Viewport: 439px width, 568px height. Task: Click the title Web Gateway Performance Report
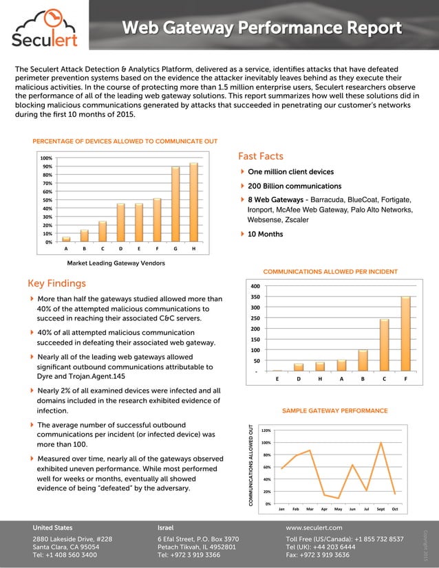click(x=261, y=28)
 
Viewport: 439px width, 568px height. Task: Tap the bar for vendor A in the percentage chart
click(x=66, y=239)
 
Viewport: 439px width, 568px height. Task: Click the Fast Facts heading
click(x=260, y=156)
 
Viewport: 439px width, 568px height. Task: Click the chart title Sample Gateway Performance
click(x=335, y=411)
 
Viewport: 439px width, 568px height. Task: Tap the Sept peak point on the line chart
click(x=381, y=443)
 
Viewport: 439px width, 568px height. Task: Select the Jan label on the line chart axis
click(x=281, y=509)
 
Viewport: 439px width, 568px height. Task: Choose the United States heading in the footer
click(x=52, y=527)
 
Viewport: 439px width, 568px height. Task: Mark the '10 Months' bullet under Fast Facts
click(x=266, y=234)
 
